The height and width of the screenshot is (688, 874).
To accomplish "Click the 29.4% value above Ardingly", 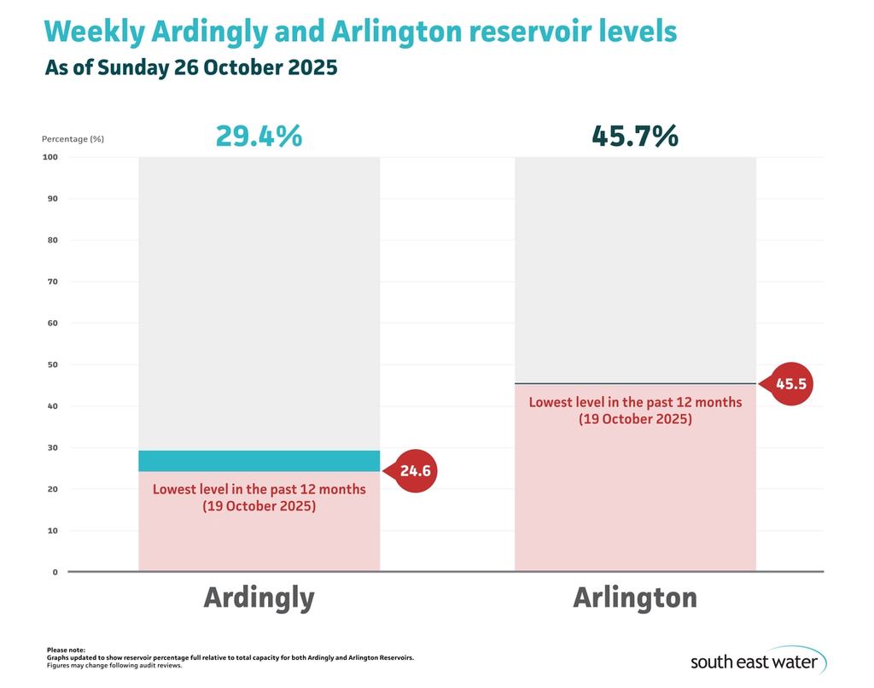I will tap(259, 136).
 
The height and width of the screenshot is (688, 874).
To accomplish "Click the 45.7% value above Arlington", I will tap(635, 136).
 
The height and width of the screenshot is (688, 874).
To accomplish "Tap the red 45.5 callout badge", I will tap(790, 384).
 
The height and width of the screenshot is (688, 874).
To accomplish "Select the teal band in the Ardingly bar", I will tap(259, 461).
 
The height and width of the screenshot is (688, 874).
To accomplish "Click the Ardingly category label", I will tap(259, 598).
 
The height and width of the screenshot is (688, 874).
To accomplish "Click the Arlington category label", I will tap(635, 598).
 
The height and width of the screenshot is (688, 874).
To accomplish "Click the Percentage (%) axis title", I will tap(73, 138).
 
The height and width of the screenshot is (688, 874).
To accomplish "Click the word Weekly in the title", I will tap(93, 32).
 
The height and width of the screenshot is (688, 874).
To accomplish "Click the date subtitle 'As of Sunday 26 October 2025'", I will tap(191, 68).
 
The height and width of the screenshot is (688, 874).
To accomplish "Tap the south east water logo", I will tap(755, 661).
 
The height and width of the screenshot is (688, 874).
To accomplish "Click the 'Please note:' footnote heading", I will tap(66, 650).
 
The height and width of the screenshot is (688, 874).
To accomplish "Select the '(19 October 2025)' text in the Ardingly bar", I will tap(259, 506).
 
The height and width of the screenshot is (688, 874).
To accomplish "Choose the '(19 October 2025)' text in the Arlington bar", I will tap(635, 419).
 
